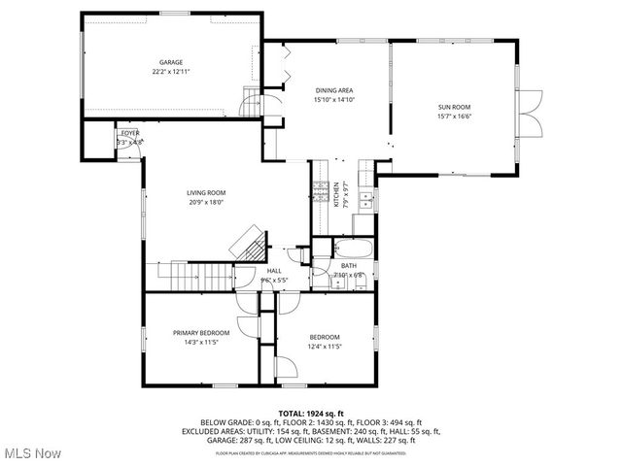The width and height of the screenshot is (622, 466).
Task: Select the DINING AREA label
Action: [333, 90]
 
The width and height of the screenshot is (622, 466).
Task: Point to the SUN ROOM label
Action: [454, 109]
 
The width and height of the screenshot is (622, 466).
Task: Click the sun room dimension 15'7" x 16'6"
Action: [454, 117]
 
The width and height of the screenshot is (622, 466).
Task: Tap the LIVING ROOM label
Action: [206, 193]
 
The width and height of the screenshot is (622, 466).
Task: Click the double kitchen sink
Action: [365, 201]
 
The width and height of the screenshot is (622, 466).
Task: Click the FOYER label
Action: [129, 133]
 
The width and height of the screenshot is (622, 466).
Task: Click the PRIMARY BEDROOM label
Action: [201, 333]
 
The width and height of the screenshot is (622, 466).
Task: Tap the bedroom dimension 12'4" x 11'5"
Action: [325, 346]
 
